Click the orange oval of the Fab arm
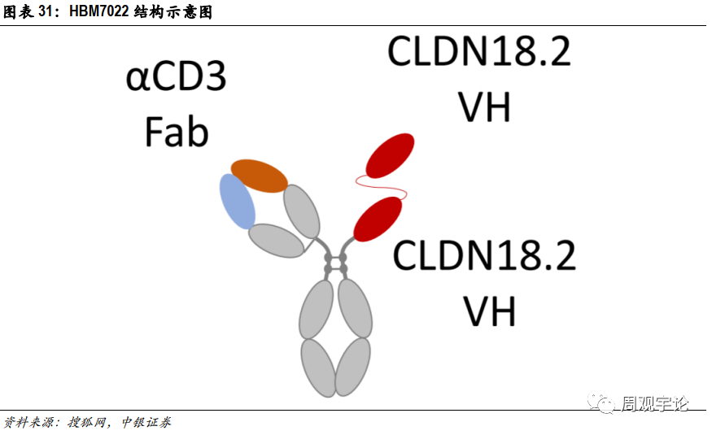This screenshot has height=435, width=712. click(x=259, y=176)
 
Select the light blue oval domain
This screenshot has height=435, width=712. click(x=237, y=201)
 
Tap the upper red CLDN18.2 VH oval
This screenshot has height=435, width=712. click(x=390, y=155)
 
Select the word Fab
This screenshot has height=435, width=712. click(x=176, y=131)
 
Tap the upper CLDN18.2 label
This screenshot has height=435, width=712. click(x=478, y=52)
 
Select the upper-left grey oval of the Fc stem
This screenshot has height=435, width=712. click(x=316, y=308)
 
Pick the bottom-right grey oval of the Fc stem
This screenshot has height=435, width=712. click(x=353, y=367)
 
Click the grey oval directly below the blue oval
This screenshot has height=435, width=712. click(x=277, y=241)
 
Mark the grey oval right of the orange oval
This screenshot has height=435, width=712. click(x=301, y=211)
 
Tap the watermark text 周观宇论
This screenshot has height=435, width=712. click(x=655, y=403)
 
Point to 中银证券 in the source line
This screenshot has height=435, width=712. click(x=146, y=423)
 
